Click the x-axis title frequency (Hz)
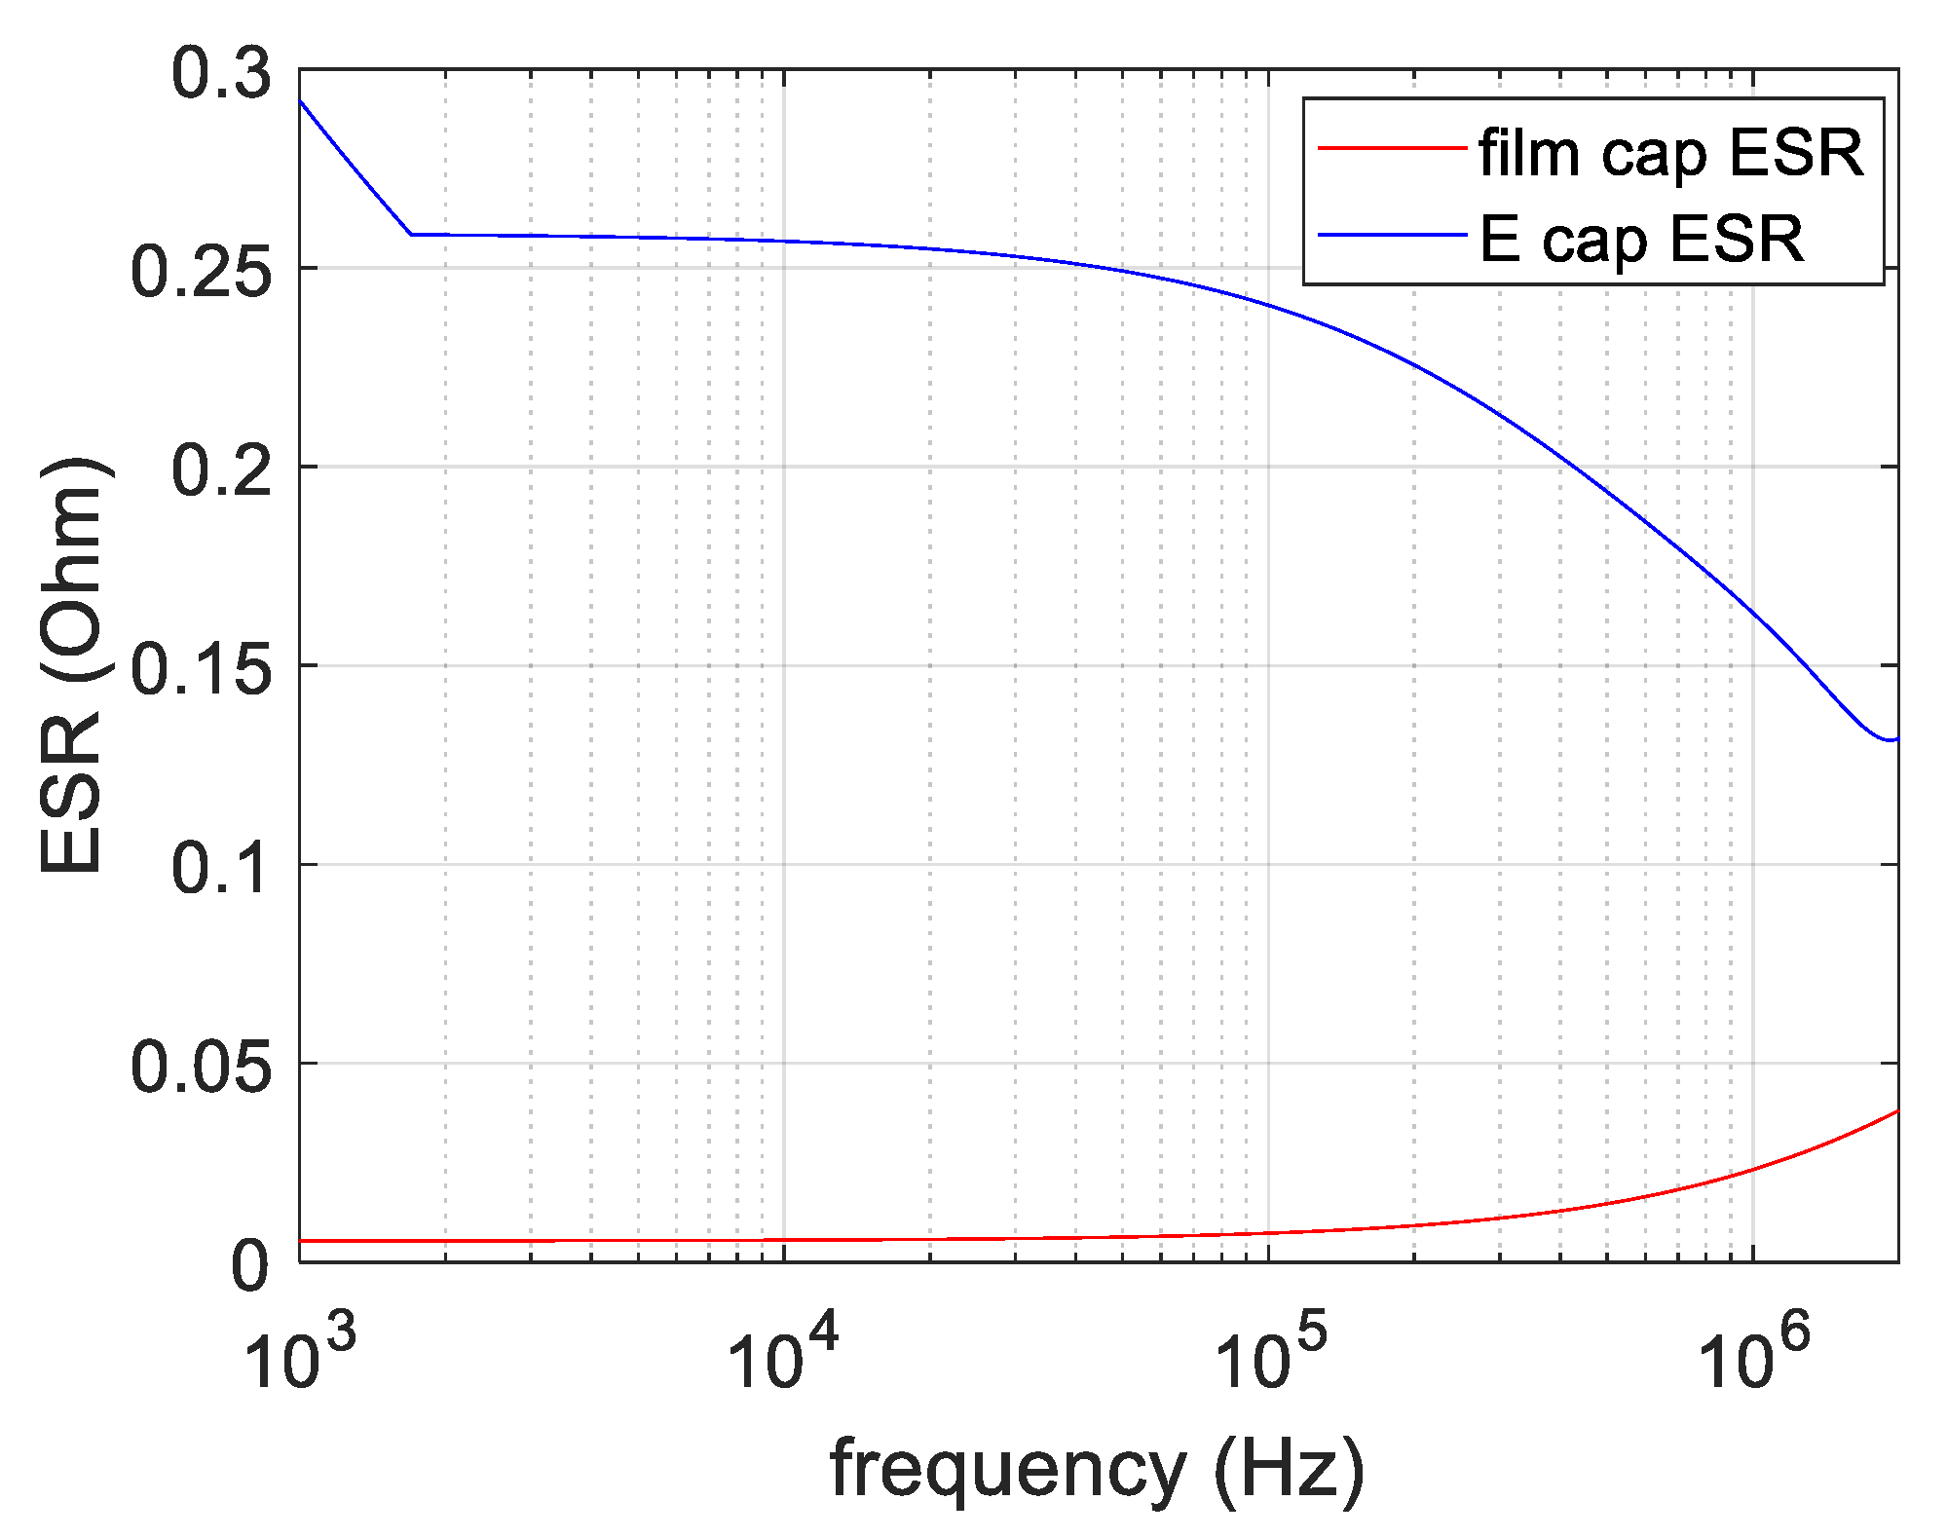click(1097, 1468)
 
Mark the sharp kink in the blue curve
click(411, 234)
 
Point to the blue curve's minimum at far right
click(1888, 740)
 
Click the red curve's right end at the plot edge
click(1896, 1111)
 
